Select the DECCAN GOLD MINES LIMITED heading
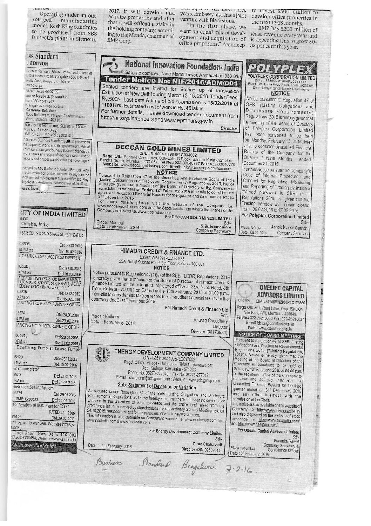161,148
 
